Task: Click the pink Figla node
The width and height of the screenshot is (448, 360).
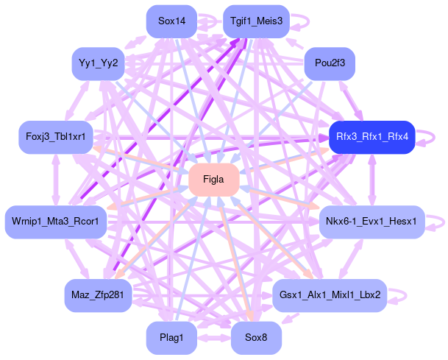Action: pyautogui.click(x=213, y=180)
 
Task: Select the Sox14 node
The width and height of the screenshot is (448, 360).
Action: pyautogui.click(x=171, y=21)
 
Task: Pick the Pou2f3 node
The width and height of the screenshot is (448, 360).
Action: pyautogui.click(x=330, y=64)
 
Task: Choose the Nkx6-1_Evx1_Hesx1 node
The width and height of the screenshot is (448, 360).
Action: pyautogui.click(x=372, y=221)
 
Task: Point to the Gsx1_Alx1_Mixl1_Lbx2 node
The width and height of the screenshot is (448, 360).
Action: pyautogui.click(x=330, y=295)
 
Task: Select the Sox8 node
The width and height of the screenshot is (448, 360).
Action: pyautogui.click(x=256, y=338)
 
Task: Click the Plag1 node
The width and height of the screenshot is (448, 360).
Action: pyautogui.click(x=171, y=338)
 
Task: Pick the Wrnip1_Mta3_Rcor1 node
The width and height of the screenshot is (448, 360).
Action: pyautogui.click(x=56, y=221)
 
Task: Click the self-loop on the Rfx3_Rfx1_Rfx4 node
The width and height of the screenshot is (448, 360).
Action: pyautogui.click(x=433, y=137)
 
